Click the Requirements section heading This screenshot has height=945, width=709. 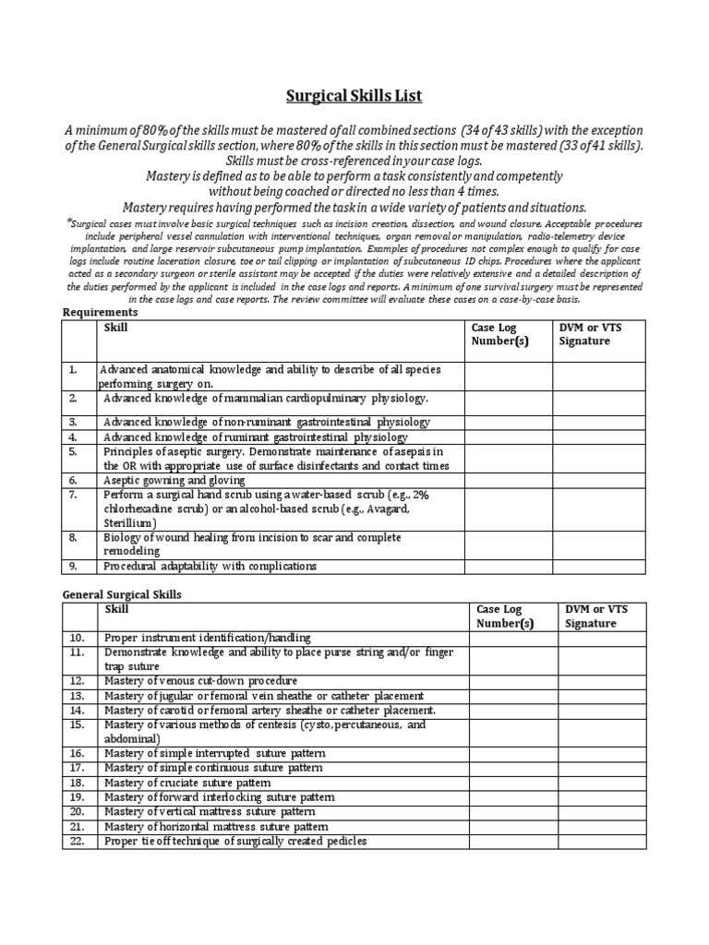(101, 312)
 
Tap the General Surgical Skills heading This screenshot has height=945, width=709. (122, 594)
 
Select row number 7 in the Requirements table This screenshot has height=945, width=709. (71, 495)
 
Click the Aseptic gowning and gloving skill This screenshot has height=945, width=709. (174, 481)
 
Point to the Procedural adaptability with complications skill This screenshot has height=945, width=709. (210, 566)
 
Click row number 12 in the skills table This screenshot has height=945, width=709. (76, 680)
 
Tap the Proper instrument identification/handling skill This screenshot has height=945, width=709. (208, 638)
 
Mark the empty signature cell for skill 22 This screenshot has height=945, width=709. (601, 842)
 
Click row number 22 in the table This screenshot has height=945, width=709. (76, 842)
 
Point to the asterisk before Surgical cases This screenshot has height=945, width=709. (68, 222)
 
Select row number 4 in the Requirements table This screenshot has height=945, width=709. (71, 437)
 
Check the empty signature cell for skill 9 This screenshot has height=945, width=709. (601, 566)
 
